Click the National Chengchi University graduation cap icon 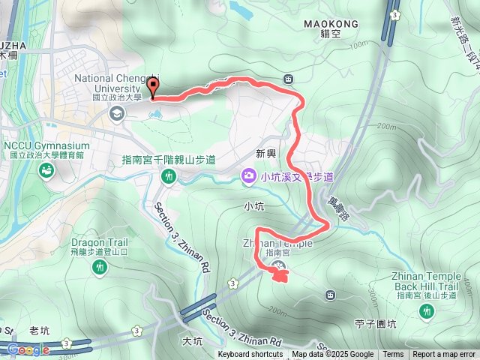116,113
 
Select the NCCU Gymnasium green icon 46,171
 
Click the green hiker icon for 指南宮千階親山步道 169,176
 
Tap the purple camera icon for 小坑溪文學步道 247,176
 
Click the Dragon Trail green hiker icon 100,266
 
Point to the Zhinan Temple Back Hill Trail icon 427,312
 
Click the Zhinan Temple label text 277,244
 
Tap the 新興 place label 266,153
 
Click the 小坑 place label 253,204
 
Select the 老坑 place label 40,330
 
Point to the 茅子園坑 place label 374,324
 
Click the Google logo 28,349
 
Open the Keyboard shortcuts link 250,355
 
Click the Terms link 393,355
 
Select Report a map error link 444,355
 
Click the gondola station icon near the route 289,79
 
